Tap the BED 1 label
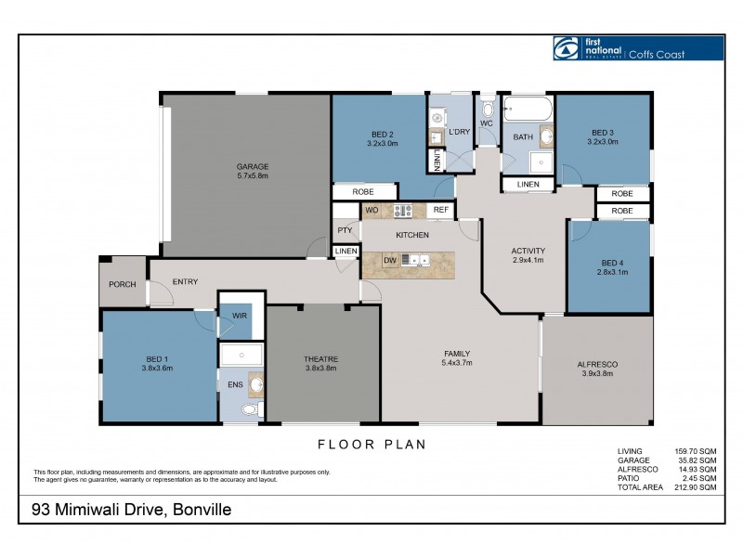[158, 358]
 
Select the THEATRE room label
[320, 359]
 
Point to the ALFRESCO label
[597, 364]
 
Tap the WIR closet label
[240, 317]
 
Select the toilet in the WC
[489, 109]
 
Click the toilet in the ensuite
[248, 409]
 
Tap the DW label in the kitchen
[391, 260]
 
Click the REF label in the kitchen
[440, 211]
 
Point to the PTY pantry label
[345, 230]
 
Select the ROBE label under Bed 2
[363, 192]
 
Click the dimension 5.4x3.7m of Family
[456, 363]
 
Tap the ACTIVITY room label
[528, 251]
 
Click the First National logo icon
[566, 48]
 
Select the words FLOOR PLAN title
[371, 445]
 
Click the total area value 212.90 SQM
[696, 487]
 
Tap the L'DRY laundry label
[460, 132]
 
